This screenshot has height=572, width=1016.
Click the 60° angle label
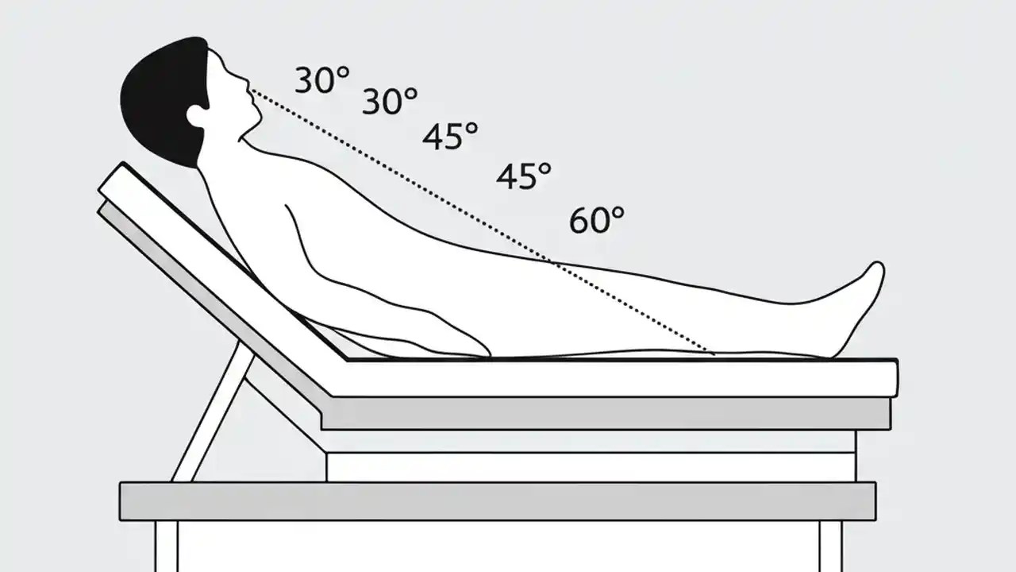click(596, 219)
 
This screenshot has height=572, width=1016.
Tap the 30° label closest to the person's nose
click(321, 80)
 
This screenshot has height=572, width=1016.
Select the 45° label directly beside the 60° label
click(524, 176)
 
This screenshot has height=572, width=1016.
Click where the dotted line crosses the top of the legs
click(552, 260)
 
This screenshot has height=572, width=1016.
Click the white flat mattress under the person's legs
click(619, 378)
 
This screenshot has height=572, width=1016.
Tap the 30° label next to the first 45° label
click(390, 101)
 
